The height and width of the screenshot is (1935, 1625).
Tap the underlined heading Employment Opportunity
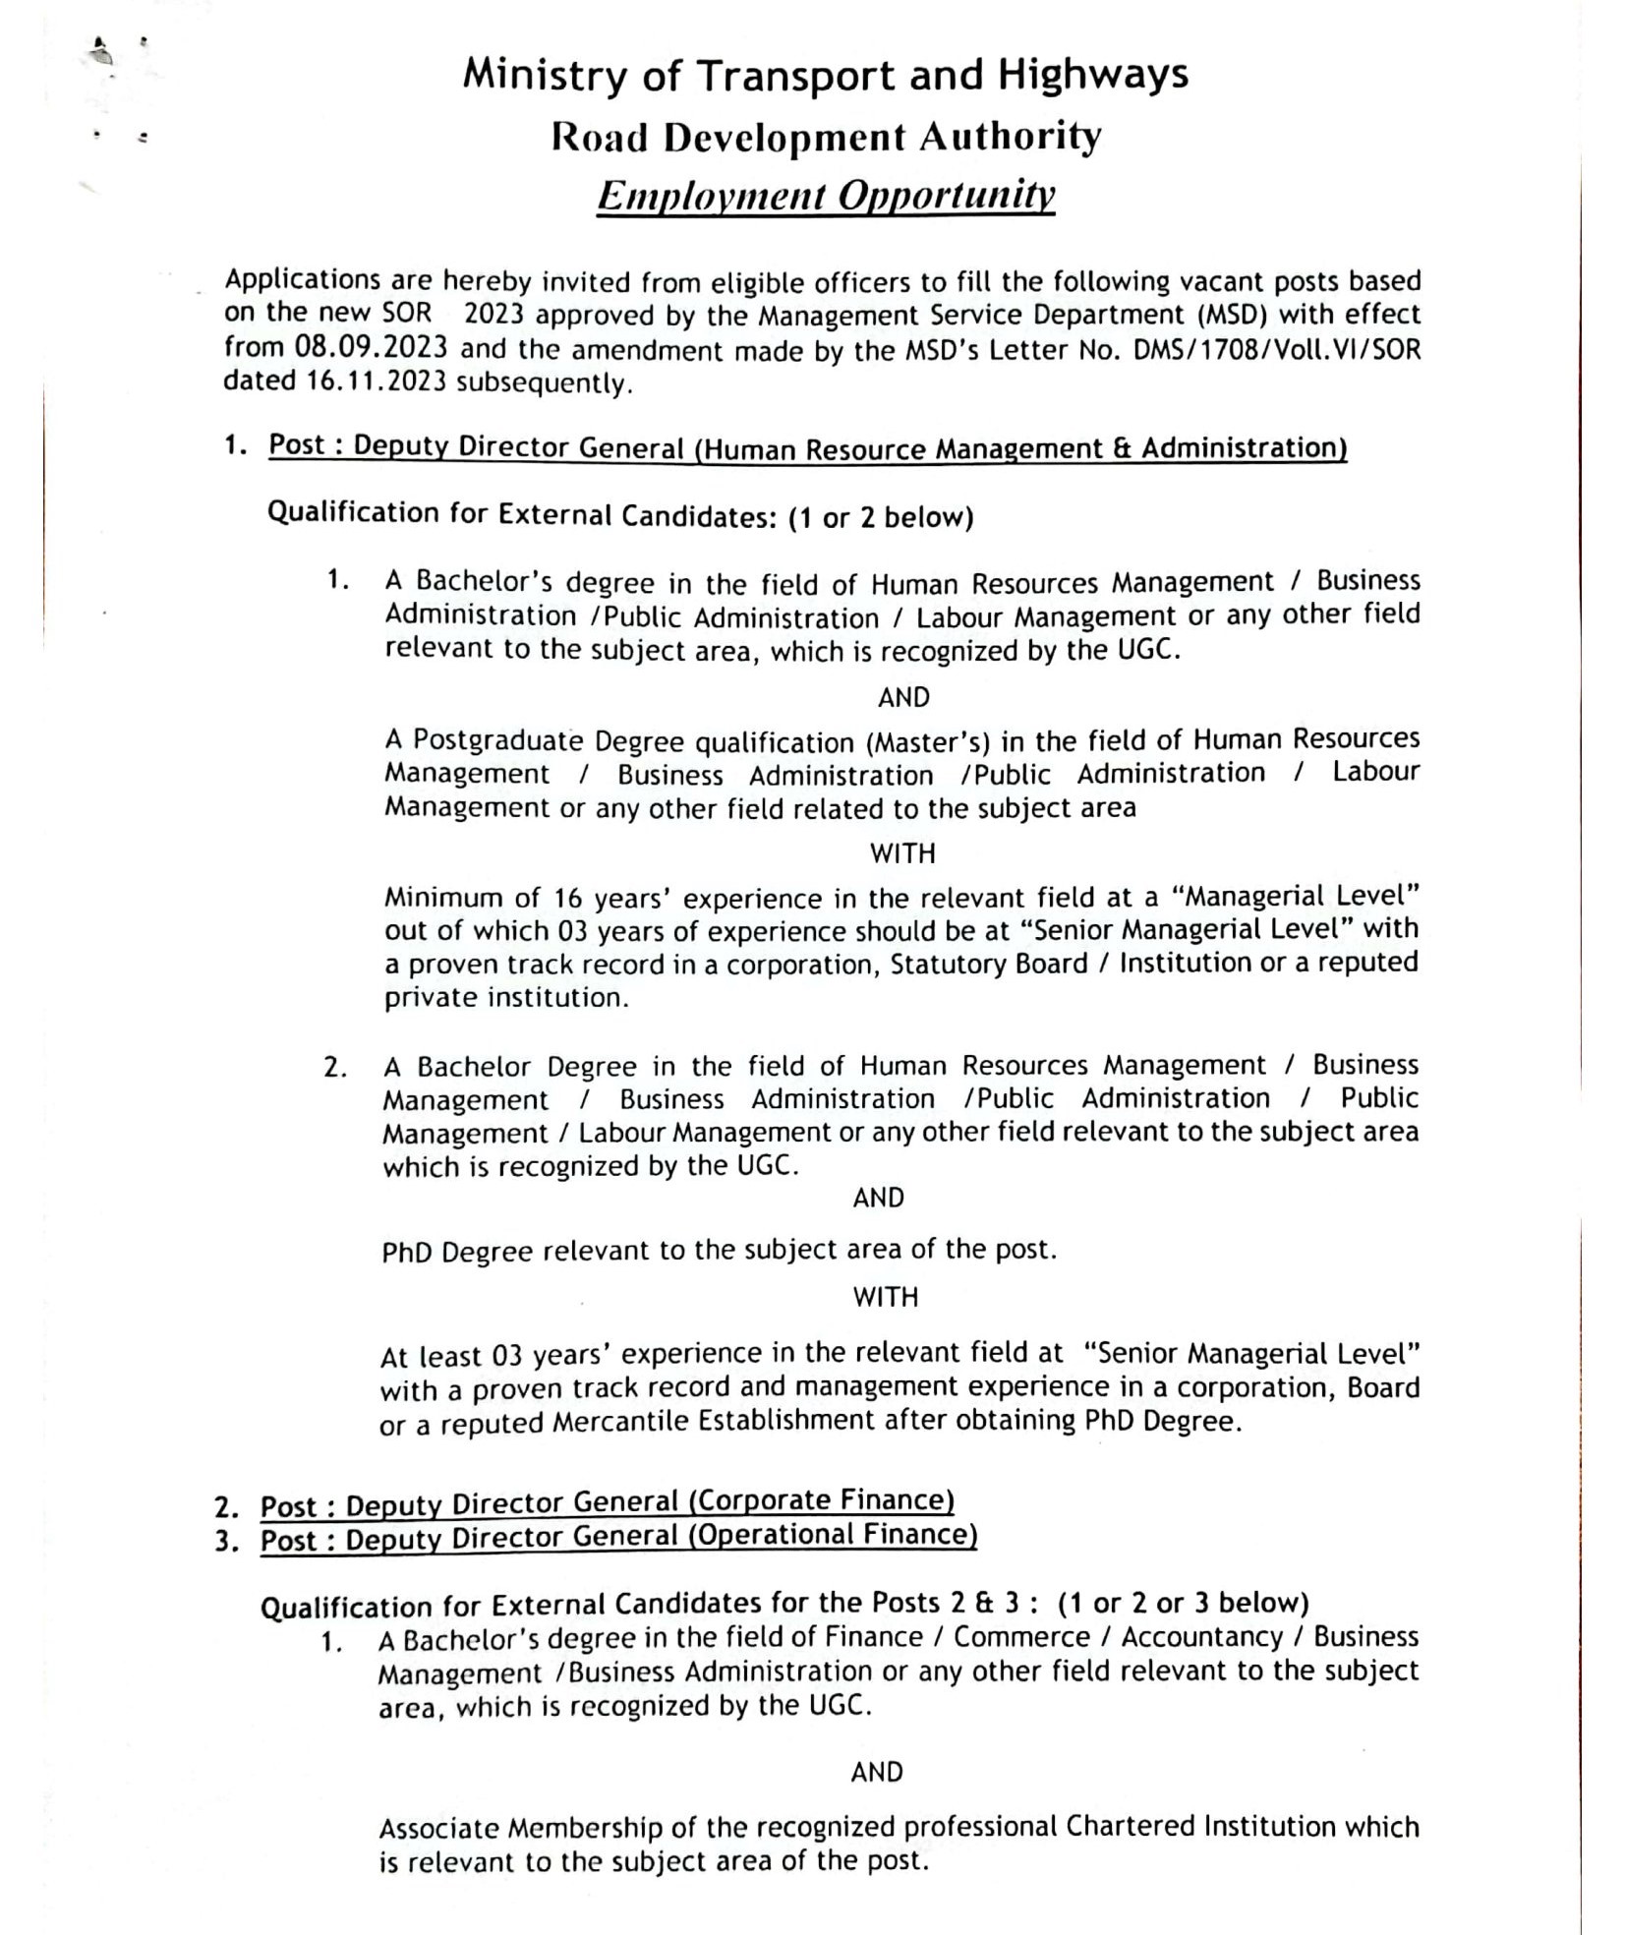[x=826, y=196]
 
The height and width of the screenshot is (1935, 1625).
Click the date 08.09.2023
[x=371, y=348]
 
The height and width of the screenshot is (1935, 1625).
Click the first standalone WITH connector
[x=902, y=853]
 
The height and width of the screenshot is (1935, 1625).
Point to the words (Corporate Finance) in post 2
[x=821, y=1501]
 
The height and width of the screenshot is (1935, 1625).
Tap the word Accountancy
[x=1202, y=1636]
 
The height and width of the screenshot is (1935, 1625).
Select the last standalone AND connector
[x=877, y=1772]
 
